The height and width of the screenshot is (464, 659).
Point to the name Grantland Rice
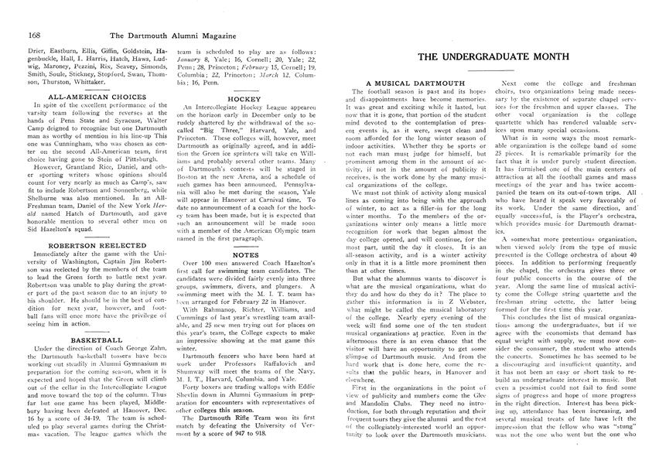(x=89, y=164)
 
